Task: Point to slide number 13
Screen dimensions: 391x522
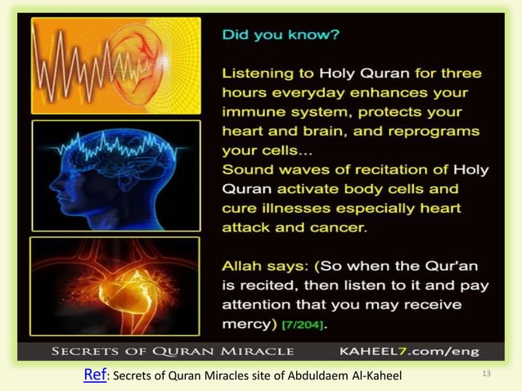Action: tap(488, 375)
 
